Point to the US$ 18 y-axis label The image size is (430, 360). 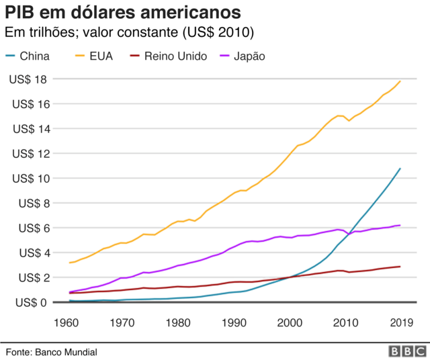[28, 79]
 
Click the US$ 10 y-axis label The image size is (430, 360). [28, 179]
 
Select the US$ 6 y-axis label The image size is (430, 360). [31, 228]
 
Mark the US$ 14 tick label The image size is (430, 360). [28, 129]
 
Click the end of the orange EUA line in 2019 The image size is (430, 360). [400, 81]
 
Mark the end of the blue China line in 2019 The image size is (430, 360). [400, 169]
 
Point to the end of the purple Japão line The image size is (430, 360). [400, 225]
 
